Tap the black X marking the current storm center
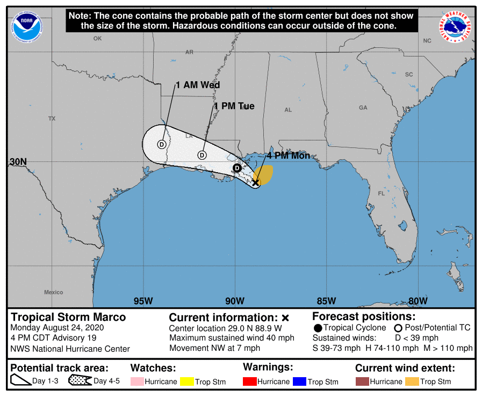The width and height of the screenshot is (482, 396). tap(256, 182)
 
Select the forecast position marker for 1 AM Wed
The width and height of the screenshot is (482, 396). tap(162, 144)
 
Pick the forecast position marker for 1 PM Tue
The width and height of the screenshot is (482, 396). tap(202, 155)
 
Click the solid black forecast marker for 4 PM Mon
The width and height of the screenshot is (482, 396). tap(237, 168)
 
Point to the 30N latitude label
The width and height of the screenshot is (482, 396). tap(18, 162)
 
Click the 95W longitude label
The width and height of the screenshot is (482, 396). tap(143, 301)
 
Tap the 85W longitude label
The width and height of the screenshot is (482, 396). tap(326, 301)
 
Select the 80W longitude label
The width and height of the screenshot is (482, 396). tap(418, 301)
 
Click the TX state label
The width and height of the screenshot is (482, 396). tap(52, 118)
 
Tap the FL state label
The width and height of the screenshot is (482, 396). tap(382, 194)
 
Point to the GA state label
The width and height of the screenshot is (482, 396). tap(363, 108)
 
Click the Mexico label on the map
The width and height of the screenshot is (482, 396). tap(54, 292)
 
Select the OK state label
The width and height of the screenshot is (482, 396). tap(97, 38)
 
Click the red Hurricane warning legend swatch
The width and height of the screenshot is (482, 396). tap(249, 381)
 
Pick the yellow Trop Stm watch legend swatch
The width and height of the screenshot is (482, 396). tap(187, 381)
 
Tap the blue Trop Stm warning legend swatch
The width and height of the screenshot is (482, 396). tap(299, 381)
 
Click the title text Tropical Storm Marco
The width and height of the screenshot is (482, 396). tap(68, 317)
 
